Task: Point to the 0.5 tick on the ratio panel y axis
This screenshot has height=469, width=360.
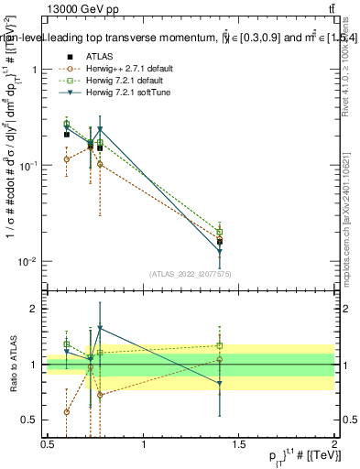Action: (33, 420)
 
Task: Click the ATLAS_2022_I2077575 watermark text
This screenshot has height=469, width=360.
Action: (191, 274)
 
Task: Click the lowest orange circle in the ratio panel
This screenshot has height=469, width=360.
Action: (66, 412)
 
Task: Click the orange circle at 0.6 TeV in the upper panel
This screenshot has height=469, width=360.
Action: (66, 159)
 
